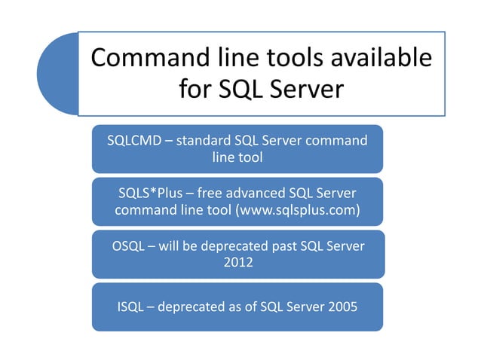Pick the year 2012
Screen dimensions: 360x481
(x=238, y=264)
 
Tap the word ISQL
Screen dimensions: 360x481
(x=132, y=307)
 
